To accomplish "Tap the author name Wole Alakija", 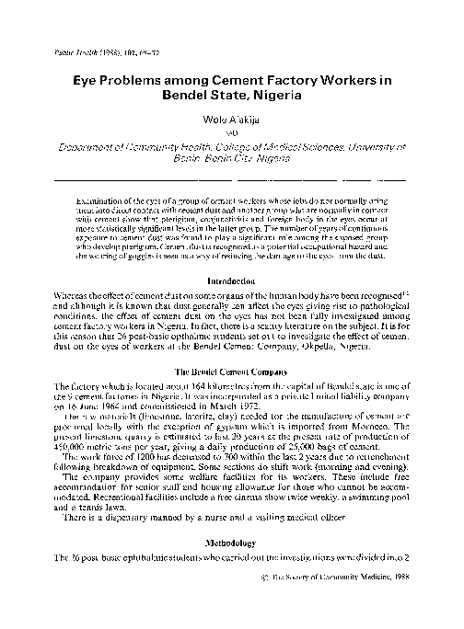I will (x=232, y=119).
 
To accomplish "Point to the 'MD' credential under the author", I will (x=232, y=132).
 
